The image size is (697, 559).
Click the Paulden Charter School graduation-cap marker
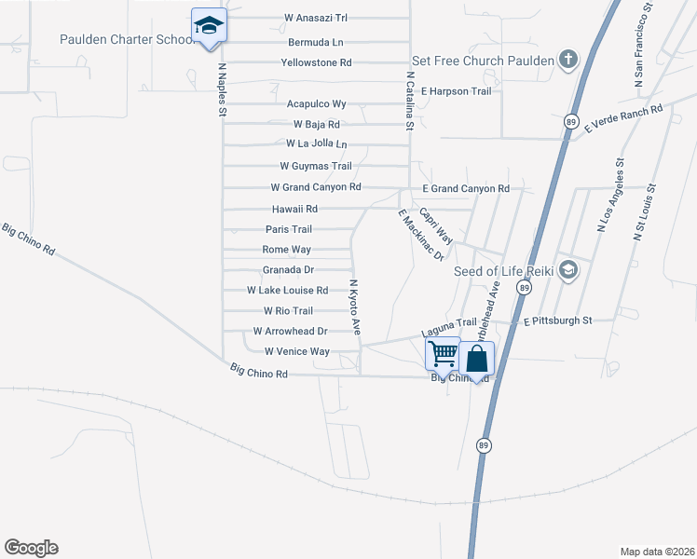click(x=209, y=26)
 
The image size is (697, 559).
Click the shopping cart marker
click(x=443, y=354)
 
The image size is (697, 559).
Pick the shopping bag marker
click(x=475, y=359)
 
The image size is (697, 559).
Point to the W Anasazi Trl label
click(x=316, y=18)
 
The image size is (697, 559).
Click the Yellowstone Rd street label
click(x=316, y=62)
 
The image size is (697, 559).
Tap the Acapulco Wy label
click(x=316, y=103)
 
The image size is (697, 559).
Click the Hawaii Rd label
click(x=294, y=209)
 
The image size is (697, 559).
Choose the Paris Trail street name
click(x=289, y=229)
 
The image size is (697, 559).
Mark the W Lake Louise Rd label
click(x=287, y=291)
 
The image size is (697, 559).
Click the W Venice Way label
click(x=297, y=351)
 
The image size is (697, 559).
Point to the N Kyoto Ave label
click(x=355, y=307)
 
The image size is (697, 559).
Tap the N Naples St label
click(x=223, y=89)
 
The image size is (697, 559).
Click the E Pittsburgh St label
click(x=557, y=320)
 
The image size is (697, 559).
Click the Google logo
click(x=32, y=548)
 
